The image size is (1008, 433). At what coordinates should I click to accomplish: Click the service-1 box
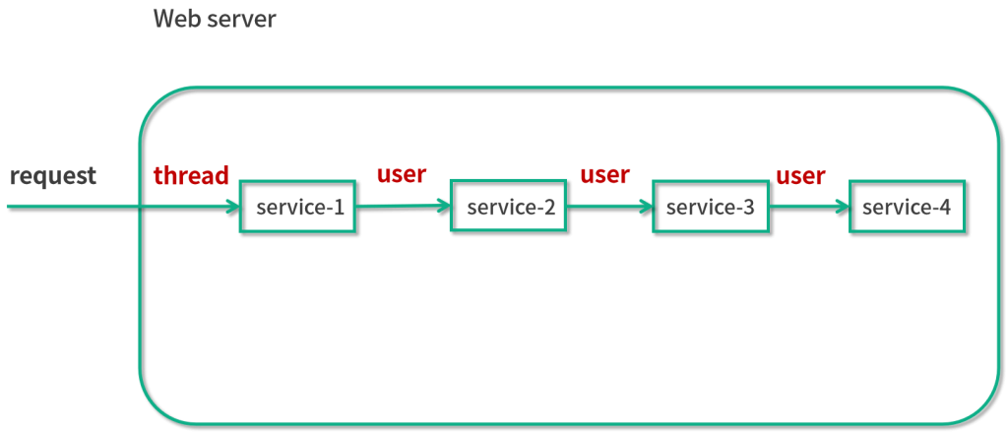click(298, 207)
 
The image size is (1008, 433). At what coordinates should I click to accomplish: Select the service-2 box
click(509, 207)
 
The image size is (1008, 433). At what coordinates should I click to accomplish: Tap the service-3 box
click(711, 207)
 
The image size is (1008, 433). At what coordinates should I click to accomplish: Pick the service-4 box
click(907, 207)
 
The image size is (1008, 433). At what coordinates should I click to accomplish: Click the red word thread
click(191, 175)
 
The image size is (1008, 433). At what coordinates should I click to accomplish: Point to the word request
click(53, 175)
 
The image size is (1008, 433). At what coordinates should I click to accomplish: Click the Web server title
click(215, 20)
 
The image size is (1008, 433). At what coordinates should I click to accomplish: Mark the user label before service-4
click(800, 175)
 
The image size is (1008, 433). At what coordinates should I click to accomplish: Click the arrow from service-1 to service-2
click(404, 207)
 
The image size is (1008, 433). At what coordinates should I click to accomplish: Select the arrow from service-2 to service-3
click(610, 207)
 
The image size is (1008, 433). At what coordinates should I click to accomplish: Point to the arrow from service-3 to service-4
click(809, 207)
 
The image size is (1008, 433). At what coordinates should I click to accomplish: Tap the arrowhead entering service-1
click(231, 207)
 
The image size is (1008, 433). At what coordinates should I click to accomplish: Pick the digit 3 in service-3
click(748, 208)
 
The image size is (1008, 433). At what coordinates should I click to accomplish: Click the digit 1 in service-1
click(339, 208)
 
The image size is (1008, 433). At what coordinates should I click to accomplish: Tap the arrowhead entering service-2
click(443, 207)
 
